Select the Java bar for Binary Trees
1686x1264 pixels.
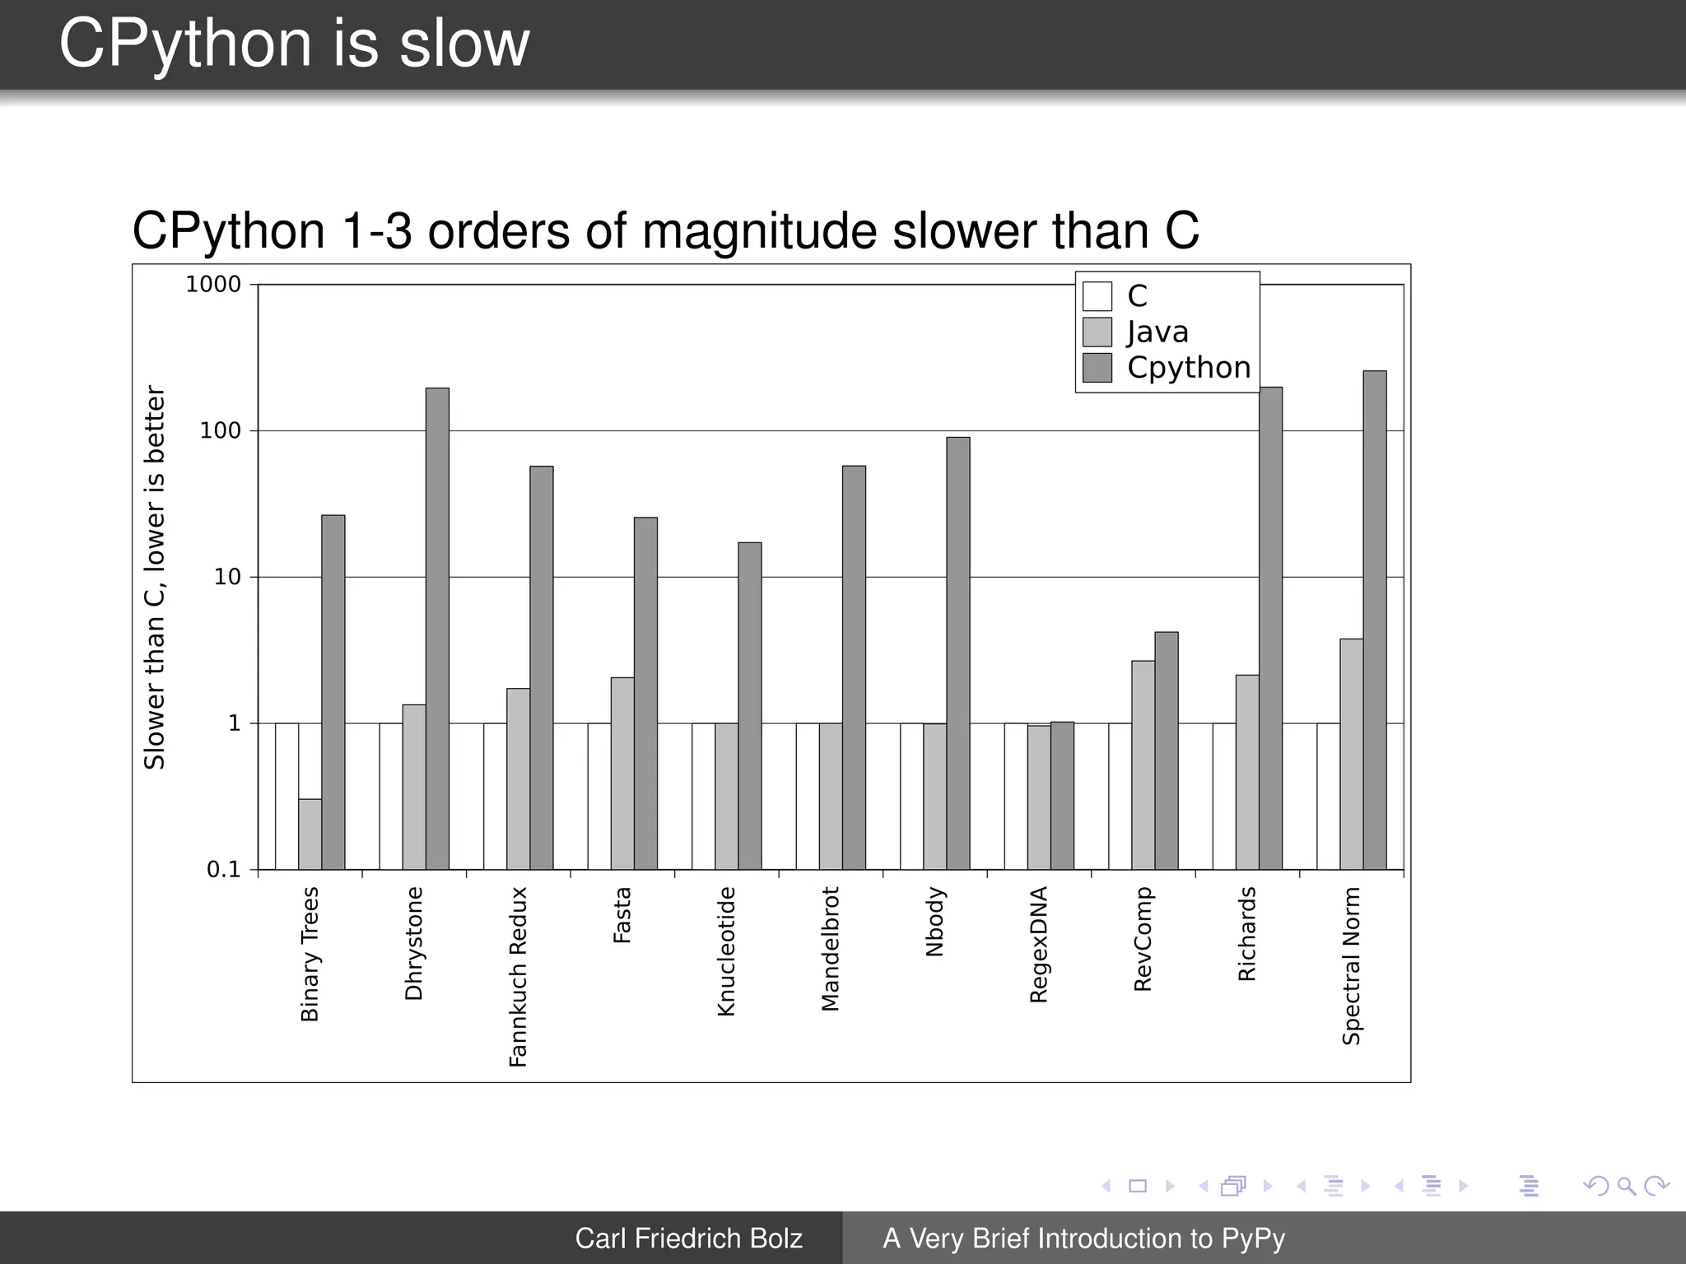click(310, 833)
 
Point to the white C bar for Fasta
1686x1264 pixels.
click(598, 796)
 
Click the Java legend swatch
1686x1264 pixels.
click(1097, 332)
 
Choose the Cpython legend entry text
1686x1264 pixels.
click(1188, 367)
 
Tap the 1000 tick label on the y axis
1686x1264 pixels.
click(213, 285)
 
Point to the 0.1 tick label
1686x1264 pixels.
click(223, 869)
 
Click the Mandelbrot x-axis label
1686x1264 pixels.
click(830, 948)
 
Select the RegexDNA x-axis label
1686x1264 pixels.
click(1038, 944)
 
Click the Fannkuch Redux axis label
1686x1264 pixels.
click(517, 976)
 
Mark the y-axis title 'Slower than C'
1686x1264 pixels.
click(155, 576)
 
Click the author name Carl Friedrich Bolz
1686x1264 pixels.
click(688, 1238)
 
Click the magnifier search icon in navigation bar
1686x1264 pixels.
click(1625, 1186)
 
